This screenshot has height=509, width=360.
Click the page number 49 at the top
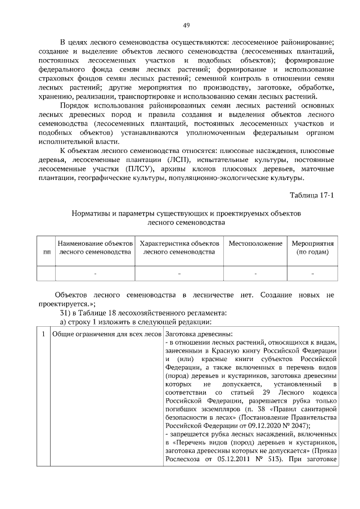point(186,25)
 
